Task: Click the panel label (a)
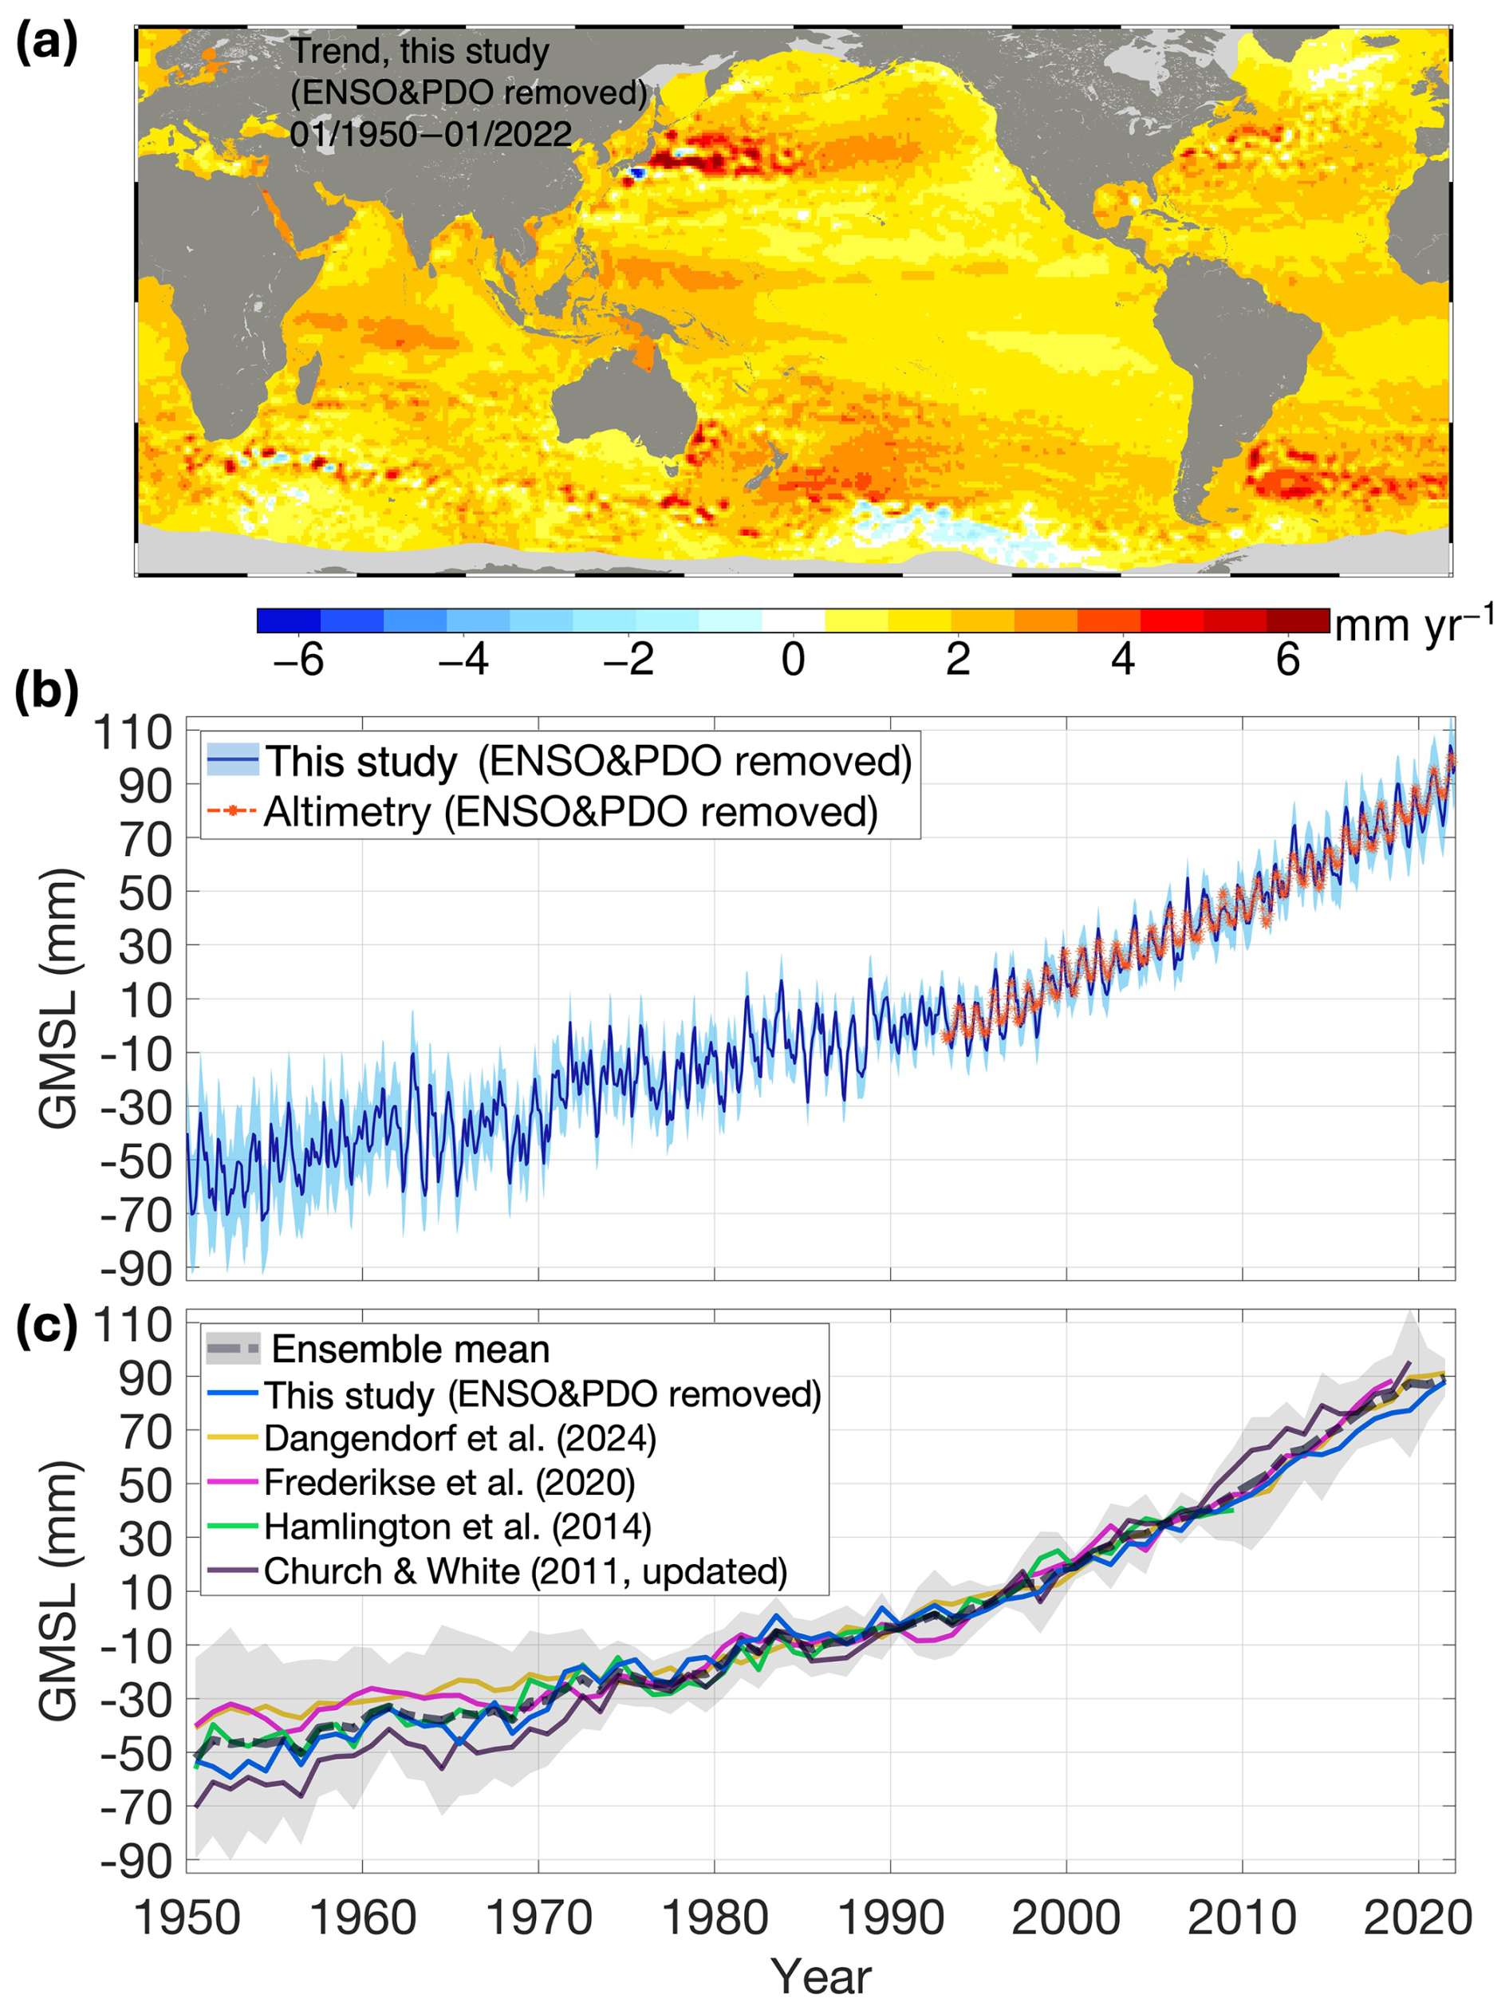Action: click(x=47, y=43)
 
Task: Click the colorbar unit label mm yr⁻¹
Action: click(x=1412, y=625)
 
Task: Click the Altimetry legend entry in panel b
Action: click(x=570, y=811)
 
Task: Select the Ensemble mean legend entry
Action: click(x=411, y=1350)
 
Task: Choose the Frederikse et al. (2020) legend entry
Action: click(x=449, y=1482)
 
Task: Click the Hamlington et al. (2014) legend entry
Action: click(x=458, y=1527)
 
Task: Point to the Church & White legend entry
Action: click(x=525, y=1571)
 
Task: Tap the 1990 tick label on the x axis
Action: click(x=890, y=1917)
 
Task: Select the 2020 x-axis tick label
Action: click(x=1418, y=1917)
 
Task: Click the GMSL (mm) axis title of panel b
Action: click(x=60, y=999)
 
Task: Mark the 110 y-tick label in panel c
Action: click(x=133, y=1326)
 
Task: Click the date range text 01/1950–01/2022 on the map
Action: click(x=431, y=135)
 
